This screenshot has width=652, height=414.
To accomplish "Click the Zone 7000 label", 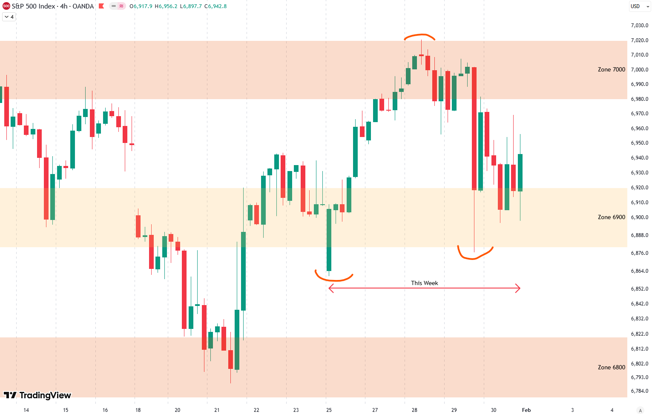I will pos(611,69).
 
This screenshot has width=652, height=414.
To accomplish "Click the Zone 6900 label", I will pos(611,217).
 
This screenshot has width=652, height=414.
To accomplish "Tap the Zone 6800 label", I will pos(611,367).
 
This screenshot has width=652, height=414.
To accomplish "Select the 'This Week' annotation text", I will pos(424,283).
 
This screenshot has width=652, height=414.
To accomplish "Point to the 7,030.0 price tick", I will pos(639,26).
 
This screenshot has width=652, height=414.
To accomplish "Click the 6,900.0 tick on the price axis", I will pos(639,217).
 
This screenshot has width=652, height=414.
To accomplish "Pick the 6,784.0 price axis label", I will pos(639,391).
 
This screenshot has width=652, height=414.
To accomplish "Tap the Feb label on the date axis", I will pos(526,410).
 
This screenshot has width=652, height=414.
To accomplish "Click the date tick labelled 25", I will pos(329,410).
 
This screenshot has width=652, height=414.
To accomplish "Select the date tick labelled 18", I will pos(138,410).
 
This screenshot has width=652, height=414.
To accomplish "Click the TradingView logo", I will pos(37,395).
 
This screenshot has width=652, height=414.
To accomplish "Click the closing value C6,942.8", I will pos(215,6).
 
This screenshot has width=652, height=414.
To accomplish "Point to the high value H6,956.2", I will pos(166,6).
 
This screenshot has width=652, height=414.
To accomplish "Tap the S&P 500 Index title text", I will pos(33,6).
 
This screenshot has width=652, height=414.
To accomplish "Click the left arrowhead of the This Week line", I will pos(330,288).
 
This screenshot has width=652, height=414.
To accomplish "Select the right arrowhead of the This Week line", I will pos(518,288).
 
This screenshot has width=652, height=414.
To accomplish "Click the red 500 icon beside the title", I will pos(6,6).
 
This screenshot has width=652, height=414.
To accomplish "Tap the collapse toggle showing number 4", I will pos(9,17).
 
